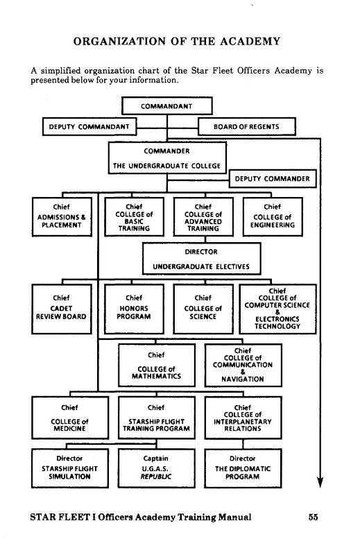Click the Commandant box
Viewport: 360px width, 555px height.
[x=166, y=106]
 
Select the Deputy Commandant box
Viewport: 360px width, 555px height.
[x=89, y=127]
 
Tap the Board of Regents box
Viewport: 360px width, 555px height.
[x=246, y=127]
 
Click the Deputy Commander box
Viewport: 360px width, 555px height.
[x=272, y=179]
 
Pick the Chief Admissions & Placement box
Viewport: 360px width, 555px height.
[x=62, y=216]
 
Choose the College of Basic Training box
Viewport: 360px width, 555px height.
[x=134, y=216]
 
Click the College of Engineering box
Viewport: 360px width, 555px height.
[x=273, y=216]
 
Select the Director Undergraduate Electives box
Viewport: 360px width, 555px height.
[x=201, y=259]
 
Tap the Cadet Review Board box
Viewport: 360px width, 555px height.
[x=61, y=309]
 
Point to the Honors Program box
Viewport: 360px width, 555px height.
[x=134, y=309]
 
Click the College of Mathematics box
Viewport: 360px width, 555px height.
[x=157, y=366]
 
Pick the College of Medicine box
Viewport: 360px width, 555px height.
[x=70, y=418]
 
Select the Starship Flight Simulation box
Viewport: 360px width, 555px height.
[x=70, y=468]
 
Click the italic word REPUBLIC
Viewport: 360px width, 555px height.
[x=156, y=477]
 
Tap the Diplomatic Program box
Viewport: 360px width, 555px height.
[x=243, y=468]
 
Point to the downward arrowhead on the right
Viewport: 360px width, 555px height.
[x=320, y=482]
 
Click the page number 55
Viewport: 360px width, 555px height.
[x=313, y=517]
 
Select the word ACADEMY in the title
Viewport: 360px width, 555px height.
[x=250, y=42]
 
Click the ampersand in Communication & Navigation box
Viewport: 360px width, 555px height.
[x=243, y=372]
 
